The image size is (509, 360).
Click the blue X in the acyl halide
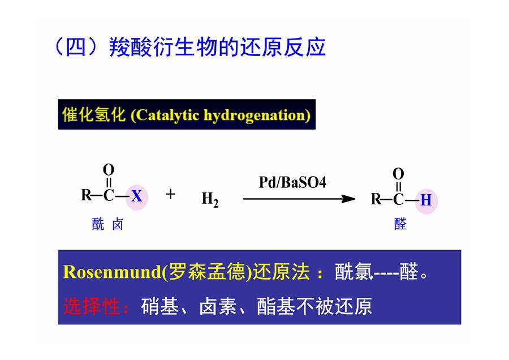pos(137,196)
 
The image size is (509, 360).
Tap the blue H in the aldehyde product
pos(426,200)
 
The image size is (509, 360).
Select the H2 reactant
pos(210,199)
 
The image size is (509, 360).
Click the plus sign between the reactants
pos(170,194)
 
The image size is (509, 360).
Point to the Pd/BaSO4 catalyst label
pos(292,182)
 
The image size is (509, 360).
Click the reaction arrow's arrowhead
pos(348,199)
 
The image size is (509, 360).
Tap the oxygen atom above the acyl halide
pos(109,170)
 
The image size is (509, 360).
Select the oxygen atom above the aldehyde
pos(398,174)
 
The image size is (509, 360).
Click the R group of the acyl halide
pos(86,196)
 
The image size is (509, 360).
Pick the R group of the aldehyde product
pos(376,199)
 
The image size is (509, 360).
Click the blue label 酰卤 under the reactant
pos(107,224)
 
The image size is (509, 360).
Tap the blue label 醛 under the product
pos(400,224)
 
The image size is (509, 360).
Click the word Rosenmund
pos(112,272)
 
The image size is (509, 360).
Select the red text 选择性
pos(92,306)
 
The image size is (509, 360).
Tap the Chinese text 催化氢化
pos(94,115)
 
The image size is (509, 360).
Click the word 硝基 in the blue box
pos(159,306)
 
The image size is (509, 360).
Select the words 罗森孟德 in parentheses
pos(207,272)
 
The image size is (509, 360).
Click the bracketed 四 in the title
pos(76,47)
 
